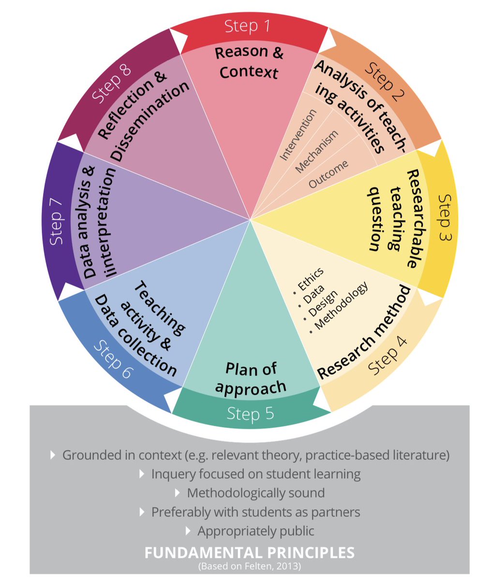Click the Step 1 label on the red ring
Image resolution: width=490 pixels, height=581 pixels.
click(248, 26)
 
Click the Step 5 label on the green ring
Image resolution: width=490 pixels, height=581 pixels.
click(250, 413)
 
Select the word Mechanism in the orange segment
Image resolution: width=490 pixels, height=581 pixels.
click(317, 152)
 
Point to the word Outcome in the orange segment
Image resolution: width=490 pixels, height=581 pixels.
click(328, 174)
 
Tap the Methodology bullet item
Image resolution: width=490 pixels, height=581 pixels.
click(341, 306)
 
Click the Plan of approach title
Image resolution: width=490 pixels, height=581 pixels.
click(251, 379)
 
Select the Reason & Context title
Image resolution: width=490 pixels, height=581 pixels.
click(249, 62)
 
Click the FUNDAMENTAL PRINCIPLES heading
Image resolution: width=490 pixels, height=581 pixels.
click(250, 552)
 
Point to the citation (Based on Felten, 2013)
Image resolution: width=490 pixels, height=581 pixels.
click(250, 565)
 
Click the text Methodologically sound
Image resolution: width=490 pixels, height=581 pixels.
click(255, 493)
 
